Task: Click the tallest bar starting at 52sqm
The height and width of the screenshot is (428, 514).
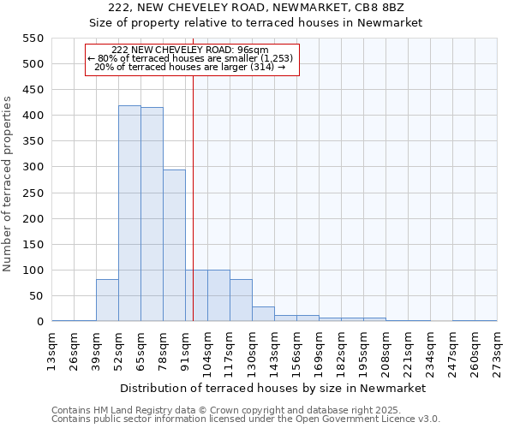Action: click(x=129, y=213)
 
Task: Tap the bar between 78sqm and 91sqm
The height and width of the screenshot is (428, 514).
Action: click(x=174, y=246)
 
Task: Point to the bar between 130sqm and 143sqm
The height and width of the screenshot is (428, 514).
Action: click(x=263, y=314)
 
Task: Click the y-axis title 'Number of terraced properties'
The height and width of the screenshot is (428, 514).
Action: click(x=9, y=184)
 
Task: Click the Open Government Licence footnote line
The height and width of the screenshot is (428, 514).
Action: click(x=246, y=419)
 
